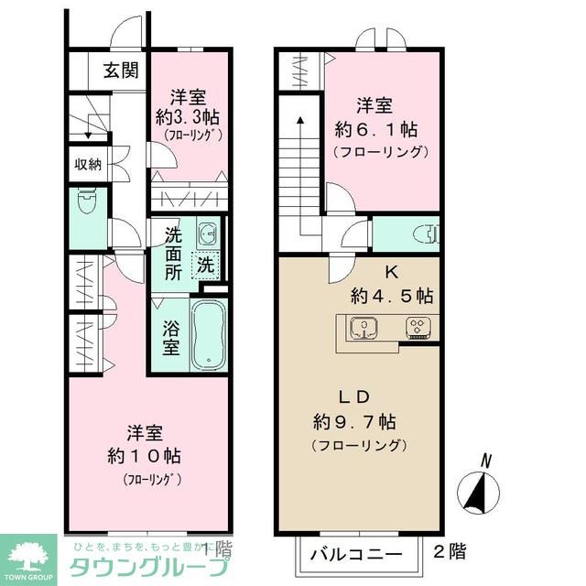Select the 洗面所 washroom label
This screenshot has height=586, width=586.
(173, 252)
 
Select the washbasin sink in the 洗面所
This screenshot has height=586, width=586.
(208, 234)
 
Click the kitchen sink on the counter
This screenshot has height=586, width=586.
(364, 327)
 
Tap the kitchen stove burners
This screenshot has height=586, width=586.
(418, 327)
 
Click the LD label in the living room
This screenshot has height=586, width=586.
(354, 398)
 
